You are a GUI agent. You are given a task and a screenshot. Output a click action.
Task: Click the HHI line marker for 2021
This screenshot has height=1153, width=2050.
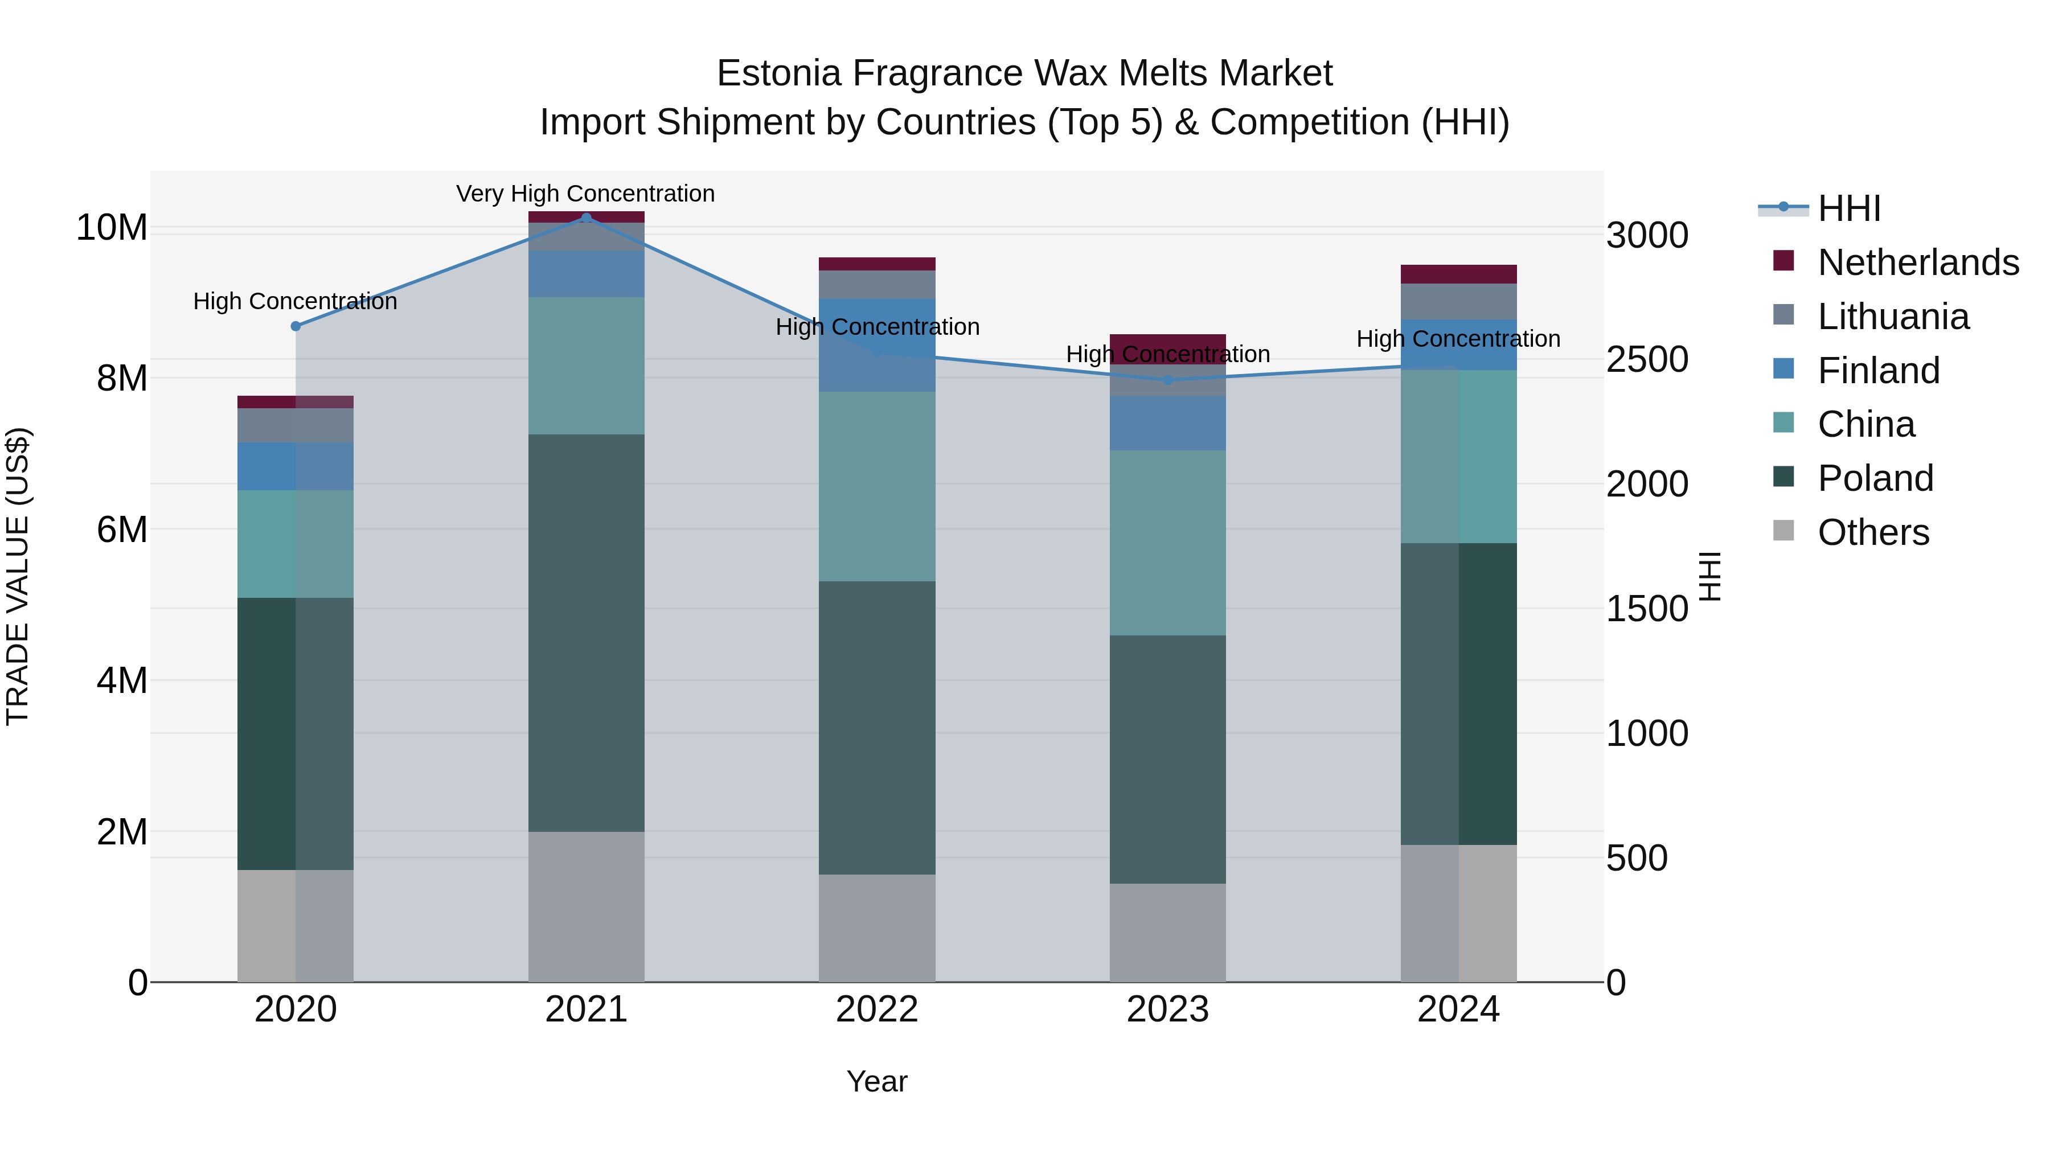(x=587, y=218)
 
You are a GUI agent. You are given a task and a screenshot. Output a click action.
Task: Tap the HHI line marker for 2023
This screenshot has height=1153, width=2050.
(x=1167, y=380)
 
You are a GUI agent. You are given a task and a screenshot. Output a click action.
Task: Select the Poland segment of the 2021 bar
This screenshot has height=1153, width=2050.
(x=587, y=633)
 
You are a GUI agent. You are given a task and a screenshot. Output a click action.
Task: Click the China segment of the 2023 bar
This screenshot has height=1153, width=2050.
(x=1167, y=543)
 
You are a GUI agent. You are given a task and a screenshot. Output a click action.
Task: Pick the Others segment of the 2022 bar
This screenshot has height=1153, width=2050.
(x=877, y=928)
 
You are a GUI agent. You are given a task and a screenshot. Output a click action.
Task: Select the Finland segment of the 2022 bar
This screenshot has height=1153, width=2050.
(x=877, y=346)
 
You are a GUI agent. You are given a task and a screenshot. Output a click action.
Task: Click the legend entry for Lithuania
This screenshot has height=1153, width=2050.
(x=1892, y=317)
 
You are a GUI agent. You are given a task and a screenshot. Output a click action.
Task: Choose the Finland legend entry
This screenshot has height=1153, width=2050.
(x=1878, y=371)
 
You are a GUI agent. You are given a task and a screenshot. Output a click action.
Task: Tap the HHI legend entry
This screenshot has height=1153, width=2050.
(x=1848, y=208)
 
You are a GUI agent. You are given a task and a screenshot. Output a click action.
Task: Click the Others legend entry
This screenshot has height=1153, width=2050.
(x=1872, y=532)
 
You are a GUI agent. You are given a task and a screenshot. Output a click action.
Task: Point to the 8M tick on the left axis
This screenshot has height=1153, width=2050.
(x=122, y=379)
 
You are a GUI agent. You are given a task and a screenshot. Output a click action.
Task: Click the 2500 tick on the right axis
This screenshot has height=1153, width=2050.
(x=1646, y=360)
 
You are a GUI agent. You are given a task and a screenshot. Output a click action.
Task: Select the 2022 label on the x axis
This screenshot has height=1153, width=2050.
(x=877, y=1010)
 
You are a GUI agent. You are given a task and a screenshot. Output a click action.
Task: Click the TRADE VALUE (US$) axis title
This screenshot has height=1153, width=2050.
(x=18, y=576)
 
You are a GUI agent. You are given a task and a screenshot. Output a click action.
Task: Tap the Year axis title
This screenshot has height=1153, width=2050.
(x=877, y=1081)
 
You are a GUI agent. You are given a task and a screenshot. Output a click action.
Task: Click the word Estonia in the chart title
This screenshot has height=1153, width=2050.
(x=778, y=73)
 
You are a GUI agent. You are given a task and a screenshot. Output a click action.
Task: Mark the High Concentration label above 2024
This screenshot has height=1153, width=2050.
(x=1458, y=339)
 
